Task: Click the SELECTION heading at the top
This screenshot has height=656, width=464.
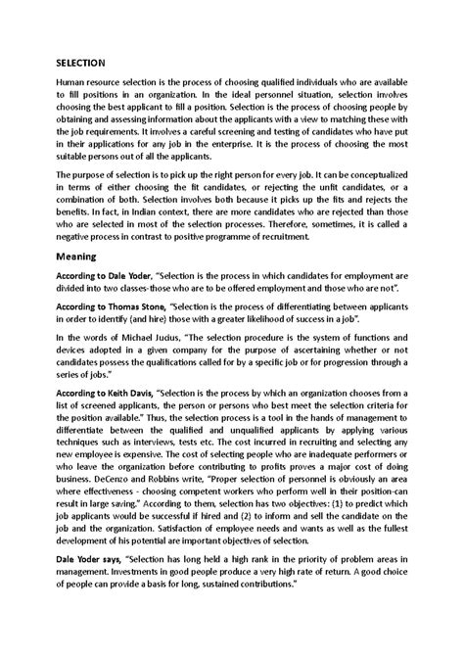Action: (x=81, y=62)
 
